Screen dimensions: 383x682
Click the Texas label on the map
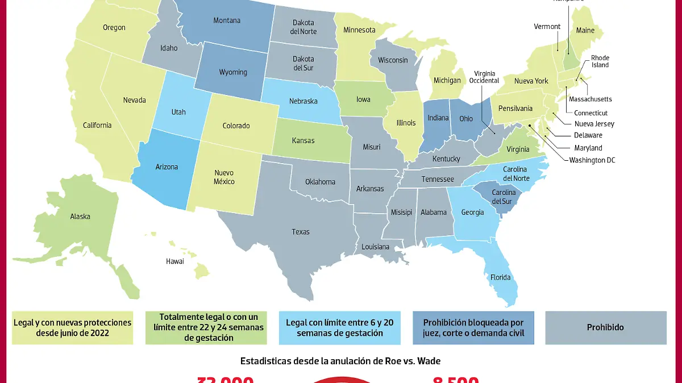click(x=301, y=232)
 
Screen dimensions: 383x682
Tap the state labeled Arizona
click(x=167, y=167)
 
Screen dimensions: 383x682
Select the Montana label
click(x=227, y=20)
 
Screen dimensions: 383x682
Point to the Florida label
click(x=501, y=278)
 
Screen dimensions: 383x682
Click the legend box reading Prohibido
click(x=605, y=327)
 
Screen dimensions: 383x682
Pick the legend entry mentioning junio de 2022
click(x=72, y=327)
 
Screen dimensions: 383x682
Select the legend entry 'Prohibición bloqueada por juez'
click(x=473, y=327)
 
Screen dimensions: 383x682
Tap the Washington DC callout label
click(x=592, y=160)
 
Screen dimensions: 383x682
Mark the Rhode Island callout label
click(x=600, y=61)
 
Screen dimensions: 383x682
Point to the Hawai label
click(x=175, y=261)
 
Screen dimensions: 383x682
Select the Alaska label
click(x=80, y=217)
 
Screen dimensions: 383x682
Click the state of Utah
click(x=178, y=112)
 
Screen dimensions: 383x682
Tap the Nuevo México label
click(x=224, y=177)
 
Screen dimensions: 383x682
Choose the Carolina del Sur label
click(x=504, y=197)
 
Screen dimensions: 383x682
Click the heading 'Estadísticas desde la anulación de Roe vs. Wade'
click(x=341, y=360)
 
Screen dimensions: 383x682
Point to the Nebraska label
click(x=303, y=101)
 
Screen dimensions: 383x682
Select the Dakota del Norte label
click(x=303, y=27)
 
